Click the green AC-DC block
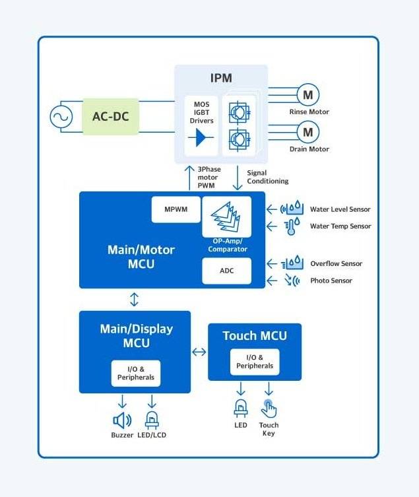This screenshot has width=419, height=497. click(x=111, y=117)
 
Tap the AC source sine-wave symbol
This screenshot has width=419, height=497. click(x=61, y=117)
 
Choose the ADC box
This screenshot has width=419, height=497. click(x=226, y=271)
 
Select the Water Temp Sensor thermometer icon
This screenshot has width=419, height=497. click(x=292, y=226)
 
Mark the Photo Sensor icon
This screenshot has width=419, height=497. click(x=292, y=281)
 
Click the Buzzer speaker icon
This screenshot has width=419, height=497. click(x=122, y=420)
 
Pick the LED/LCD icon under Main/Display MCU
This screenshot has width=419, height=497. click(x=152, y=419)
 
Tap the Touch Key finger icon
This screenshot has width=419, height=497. click(x=269, y=409)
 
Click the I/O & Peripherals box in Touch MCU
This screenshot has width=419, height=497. click(x=255, y=362)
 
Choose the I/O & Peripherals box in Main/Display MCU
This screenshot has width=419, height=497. click(x=135, y=373)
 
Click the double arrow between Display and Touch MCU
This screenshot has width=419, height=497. click(x=199, y=352)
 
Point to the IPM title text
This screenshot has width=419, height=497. click(x=221, y=78)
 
